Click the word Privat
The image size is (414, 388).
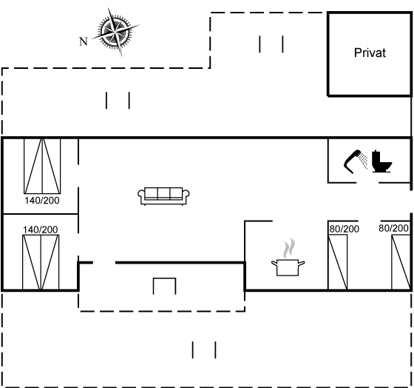(x=370, y=53)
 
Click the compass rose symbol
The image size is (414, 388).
(x=115, y=32)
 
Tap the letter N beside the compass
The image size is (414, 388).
(x=84, y=41)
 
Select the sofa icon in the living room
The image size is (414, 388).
(x=163, y=196)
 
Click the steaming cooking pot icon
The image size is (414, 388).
(x=288, y=267)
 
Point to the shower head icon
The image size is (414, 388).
(x=353, y=161)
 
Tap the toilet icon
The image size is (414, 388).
(x=381, y=161)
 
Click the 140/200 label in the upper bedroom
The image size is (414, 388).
(x=42, y=201)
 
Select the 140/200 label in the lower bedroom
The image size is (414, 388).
(x=41, y=230)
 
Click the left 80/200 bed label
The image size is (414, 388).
(x=345, y=229)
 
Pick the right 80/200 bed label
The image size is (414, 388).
(x=393, y=228)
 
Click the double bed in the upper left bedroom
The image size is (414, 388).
(x=42, y=166)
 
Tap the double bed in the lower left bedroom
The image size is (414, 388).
(x=41, y=262)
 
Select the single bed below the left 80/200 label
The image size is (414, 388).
(x=338, y=262)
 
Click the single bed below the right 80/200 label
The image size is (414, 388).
(x=401, y=262)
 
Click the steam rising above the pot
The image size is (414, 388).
(x=289, y=248)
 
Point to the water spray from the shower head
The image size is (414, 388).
(x=363, y=160)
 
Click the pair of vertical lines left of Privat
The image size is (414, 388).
(x=271, y=44)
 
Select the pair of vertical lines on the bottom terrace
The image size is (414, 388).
(x=204, y=350)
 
